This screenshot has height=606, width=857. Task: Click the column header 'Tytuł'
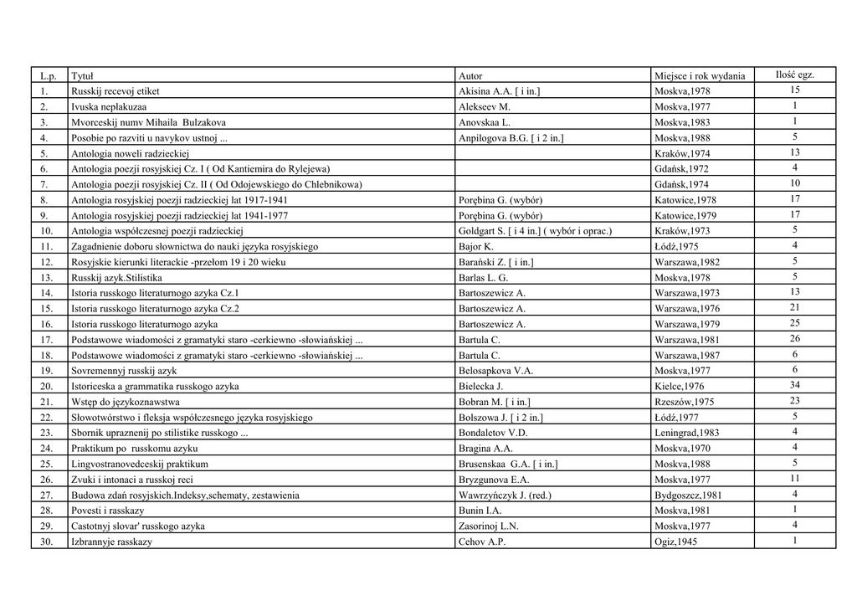click(82, 75)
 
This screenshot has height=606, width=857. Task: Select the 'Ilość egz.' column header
click(794, 74)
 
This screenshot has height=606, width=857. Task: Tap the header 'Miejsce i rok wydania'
click(700, 75)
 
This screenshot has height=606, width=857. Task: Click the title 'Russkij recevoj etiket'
click(115, 90)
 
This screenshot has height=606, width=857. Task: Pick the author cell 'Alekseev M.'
click(485, 106)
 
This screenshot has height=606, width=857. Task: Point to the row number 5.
click(45, 153)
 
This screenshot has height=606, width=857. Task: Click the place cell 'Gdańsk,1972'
click(681, 168)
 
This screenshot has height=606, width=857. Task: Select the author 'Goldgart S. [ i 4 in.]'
click(536, 230)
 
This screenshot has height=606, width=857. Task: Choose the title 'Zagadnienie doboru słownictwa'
click(194, 246)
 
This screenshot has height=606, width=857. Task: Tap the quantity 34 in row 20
click(794, 385)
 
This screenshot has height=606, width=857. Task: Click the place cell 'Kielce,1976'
click(680, 386)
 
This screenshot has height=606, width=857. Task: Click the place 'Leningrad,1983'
click(686, 433)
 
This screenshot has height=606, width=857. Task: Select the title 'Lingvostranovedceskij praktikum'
click(140, 464)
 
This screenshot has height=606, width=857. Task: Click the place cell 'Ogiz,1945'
click(676, 542)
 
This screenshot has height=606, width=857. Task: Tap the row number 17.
click(47, 340)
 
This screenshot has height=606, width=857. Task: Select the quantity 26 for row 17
click(794, 339)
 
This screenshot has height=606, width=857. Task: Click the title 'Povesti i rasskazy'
click(108, 510)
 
